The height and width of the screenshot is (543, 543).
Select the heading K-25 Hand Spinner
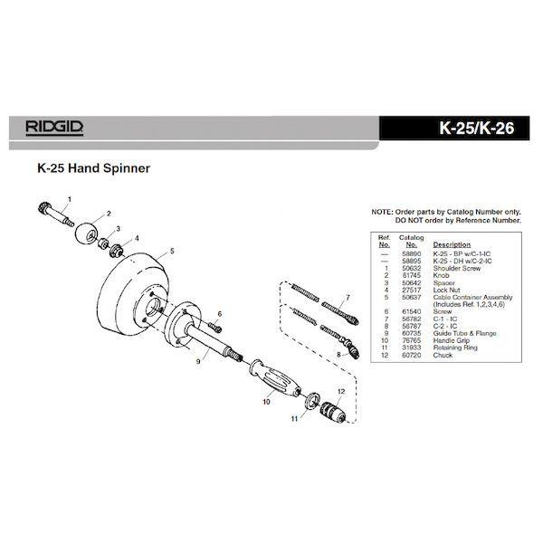pos(93,168)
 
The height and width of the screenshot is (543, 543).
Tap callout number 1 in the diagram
pos(69,198)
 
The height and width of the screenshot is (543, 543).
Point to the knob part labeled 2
pos(88,231)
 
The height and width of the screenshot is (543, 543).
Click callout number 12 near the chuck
pos(341,390)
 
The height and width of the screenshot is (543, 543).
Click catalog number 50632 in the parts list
pos(412,269)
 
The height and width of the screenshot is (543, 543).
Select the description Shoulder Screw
pos(458,269)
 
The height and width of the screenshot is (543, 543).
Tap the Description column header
pos(453,244)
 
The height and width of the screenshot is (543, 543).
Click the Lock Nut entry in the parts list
pos(451,290)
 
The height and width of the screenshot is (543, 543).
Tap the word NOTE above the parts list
pos(381,212)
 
